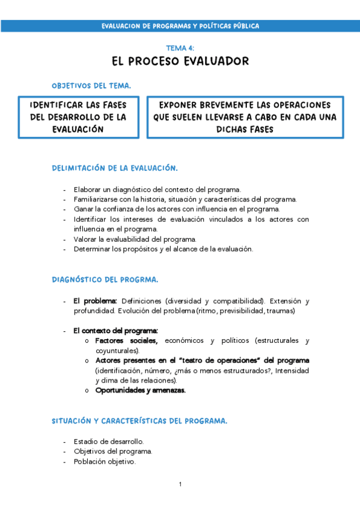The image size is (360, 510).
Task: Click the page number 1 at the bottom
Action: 180,484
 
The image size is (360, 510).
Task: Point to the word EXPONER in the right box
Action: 182,104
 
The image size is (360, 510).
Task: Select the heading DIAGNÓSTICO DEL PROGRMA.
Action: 105,279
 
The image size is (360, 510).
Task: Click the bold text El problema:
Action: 95,301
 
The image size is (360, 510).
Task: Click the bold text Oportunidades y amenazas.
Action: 141,390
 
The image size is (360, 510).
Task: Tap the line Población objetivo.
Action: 105,462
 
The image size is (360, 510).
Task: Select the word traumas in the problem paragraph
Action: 280,310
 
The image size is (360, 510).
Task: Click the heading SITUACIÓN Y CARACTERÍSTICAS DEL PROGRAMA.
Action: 139,421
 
